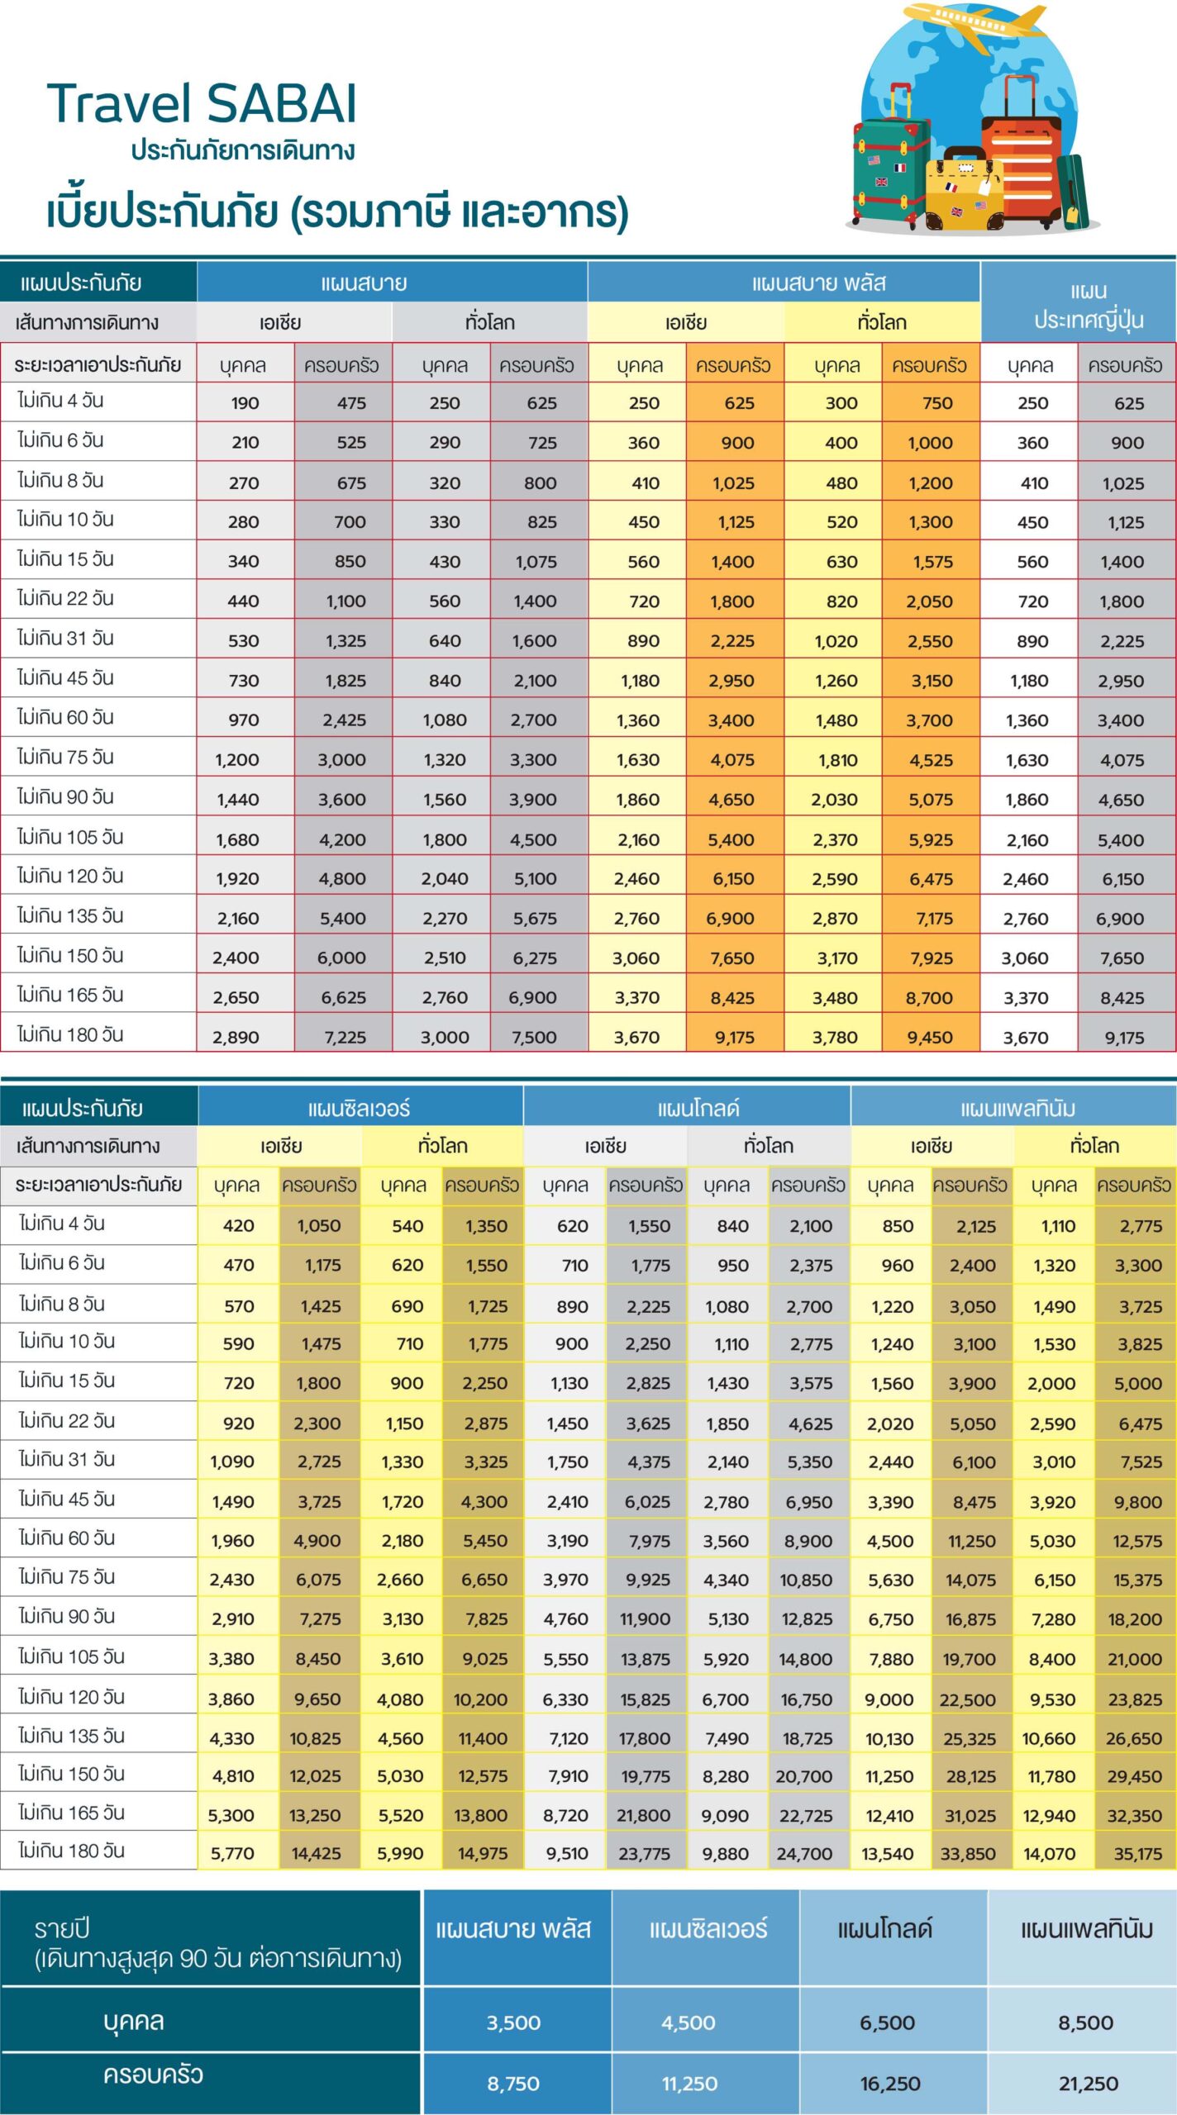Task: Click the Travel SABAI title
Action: [x=202, y=103]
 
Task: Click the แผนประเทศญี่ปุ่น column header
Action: [x=1078, y=302]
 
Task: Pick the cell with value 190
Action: [x=245, y=403]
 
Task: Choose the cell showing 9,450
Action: [x=930, y=1037]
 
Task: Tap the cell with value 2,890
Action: [x=236, y=1037]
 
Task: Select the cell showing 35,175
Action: [x=1137, y=1853]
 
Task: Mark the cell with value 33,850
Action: [x=968, y=1853]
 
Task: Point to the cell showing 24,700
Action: [x=804, y=1853]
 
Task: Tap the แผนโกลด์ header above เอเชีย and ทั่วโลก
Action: [x=698, y=1108]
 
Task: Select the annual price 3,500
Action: [x=513, y=2022]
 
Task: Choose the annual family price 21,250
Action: [x=1089, y=2084]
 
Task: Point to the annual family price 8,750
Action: [x=513, y=2084]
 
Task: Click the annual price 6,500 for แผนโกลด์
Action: [x=888, y=2022]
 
